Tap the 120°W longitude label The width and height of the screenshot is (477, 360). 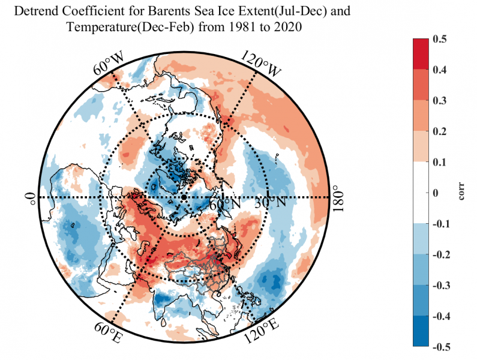[x=261, y=62]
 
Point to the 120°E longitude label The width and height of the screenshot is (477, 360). [x=260, y=331]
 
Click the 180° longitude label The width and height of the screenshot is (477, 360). [x=339, y=197]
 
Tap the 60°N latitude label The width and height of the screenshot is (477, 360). [x=229, y=203]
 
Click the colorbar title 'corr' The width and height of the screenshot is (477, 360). [x=464, y=193]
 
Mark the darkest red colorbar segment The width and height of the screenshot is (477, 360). [x=421, y=54]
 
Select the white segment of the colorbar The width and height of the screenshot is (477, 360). [x=421, y=193]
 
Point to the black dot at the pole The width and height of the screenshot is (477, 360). [x=183, y=197]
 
